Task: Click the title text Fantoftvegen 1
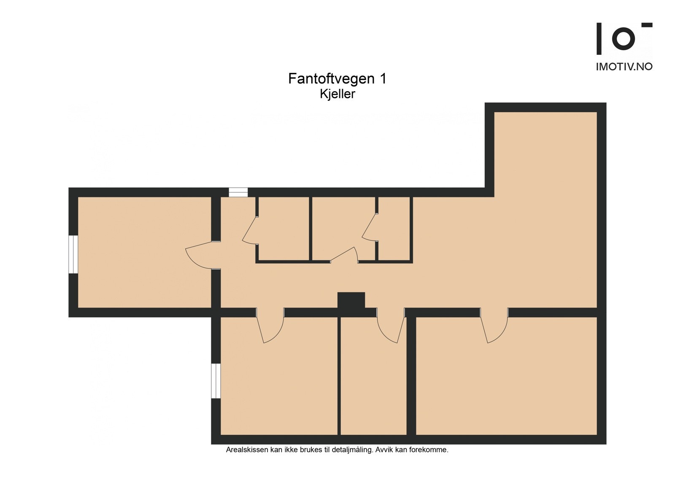337,79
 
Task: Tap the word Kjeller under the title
337,94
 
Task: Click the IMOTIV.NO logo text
624,67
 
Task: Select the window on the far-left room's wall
73,254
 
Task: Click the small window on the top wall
238,192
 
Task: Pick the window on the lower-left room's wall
216,381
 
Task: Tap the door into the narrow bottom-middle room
390,327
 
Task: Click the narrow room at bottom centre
373,380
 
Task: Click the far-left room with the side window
143,253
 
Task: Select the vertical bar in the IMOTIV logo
599,39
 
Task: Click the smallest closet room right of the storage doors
394,230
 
